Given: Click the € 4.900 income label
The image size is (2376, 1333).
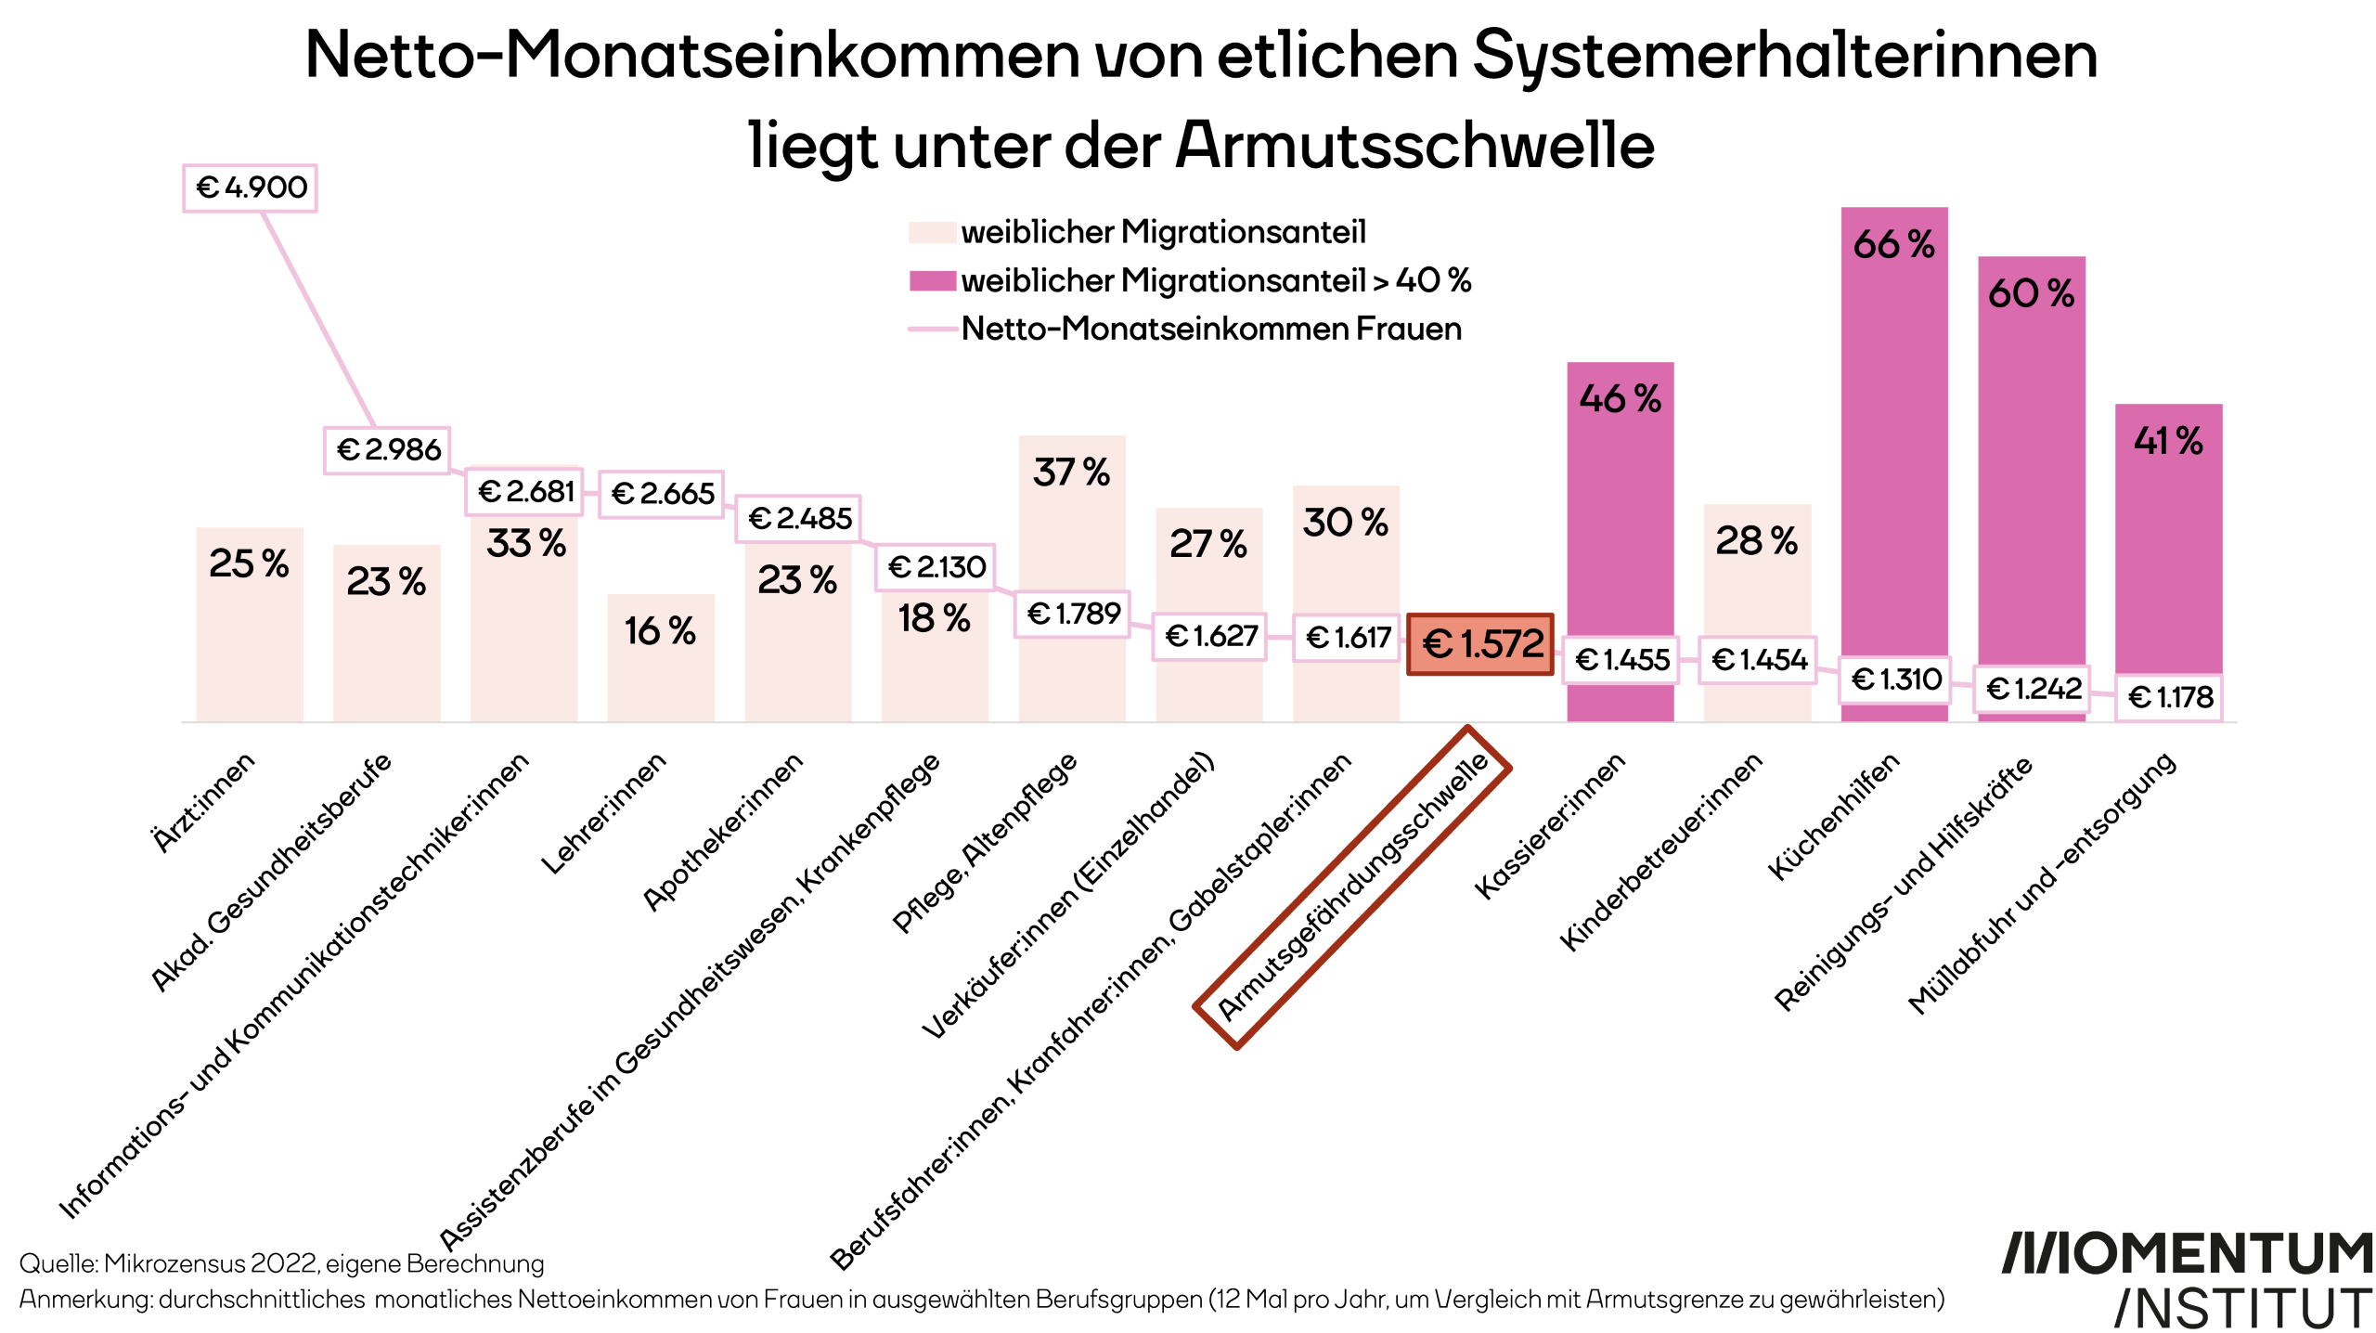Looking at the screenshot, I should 250,188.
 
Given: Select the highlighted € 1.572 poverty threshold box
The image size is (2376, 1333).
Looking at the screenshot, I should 1480,644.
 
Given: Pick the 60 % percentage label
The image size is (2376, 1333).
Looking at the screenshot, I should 2031,294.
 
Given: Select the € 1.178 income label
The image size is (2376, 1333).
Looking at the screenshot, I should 2169,697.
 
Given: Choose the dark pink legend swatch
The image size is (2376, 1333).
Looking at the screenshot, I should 932,280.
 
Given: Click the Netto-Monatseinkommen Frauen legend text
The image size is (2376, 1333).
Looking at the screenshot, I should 1211,329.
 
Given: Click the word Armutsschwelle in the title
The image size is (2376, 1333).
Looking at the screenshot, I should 1414,146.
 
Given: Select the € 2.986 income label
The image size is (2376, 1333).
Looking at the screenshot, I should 388,450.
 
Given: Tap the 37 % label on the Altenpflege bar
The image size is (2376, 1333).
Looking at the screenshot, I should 1071,472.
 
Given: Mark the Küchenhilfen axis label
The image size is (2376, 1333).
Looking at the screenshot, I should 1833,817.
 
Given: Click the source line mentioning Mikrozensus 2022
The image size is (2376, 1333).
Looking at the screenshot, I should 281,1263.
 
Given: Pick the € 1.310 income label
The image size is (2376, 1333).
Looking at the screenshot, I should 1895,679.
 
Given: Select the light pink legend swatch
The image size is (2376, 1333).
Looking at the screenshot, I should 932,232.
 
